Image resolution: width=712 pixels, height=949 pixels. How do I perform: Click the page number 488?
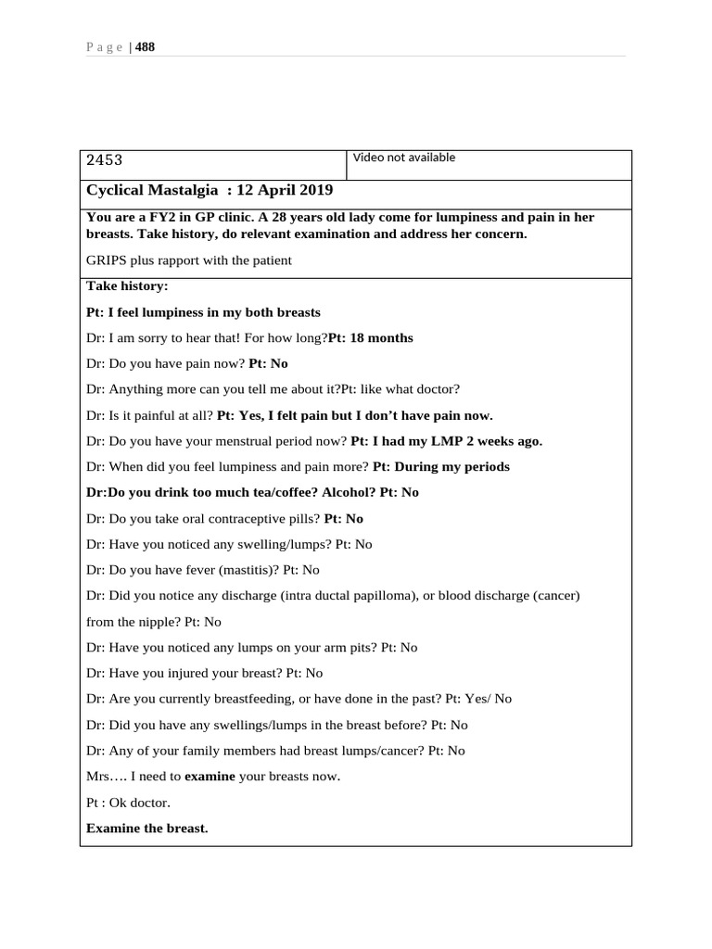point(146,47)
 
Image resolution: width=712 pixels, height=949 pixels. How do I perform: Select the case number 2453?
point(104,160)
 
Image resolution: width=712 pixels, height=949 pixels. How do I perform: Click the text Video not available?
point(404,158)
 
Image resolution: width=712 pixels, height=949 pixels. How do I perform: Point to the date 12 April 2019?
point(285,190)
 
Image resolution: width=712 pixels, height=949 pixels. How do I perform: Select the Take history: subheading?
point(127,286)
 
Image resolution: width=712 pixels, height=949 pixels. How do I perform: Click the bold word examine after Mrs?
point(210,777)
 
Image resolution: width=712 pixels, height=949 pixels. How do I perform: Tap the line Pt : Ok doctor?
point(128,803)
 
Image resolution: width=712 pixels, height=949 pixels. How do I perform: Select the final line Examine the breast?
point(147,829)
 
